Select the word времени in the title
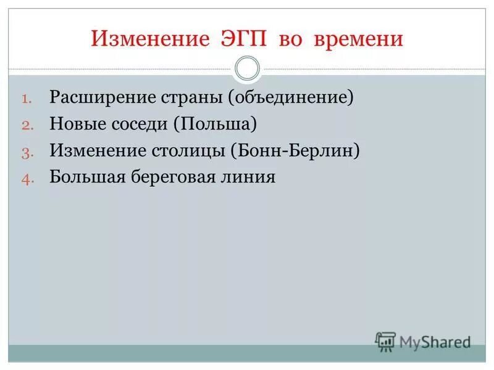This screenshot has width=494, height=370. pyautogui.click(x=360, y=39)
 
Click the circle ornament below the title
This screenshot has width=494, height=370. pyautogui.click(x=247, y=68)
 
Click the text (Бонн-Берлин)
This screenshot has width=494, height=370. pyautogui.click(x=295, y=150)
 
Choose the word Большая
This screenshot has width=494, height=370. pyautogui.click(x=87, y=177)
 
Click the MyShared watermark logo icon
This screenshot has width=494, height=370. pyautogui.click(x=385, y=341)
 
